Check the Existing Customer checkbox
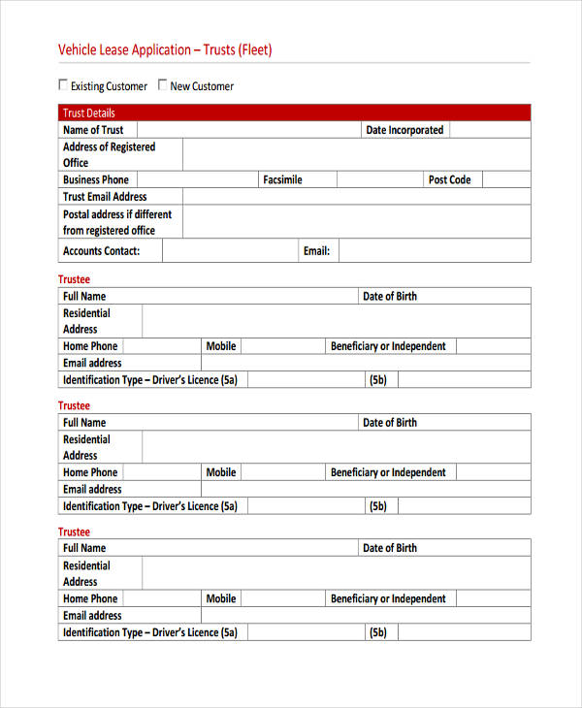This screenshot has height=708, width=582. [x=64, y=84]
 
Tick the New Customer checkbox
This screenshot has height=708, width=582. [x=163, y=84]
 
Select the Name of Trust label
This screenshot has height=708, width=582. [x=93, y=130]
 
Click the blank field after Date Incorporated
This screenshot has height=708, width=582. [x=490, y=130]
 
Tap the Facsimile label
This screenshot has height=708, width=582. [x=282, y=179]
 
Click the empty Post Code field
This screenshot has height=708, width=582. [x=505, y=179]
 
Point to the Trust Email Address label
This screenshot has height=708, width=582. [x=105, y=196]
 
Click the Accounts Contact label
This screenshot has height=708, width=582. [x=101, y=250]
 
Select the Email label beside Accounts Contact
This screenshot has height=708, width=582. [x=316, y=250]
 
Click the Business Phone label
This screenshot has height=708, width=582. [x=95, y=179]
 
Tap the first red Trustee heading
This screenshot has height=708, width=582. [x=74, y=279]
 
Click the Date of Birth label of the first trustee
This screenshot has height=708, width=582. [x=390, y=296]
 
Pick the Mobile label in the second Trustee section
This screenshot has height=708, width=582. [x=221, y=472]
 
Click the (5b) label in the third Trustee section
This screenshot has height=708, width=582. [x=377, y=632]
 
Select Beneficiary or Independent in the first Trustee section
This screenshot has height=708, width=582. [x=388, y=346]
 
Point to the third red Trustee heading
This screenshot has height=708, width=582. [x=74, y=531]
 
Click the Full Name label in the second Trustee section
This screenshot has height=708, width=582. [x=84, y=422]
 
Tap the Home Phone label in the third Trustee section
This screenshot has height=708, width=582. [x=90, y=598]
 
